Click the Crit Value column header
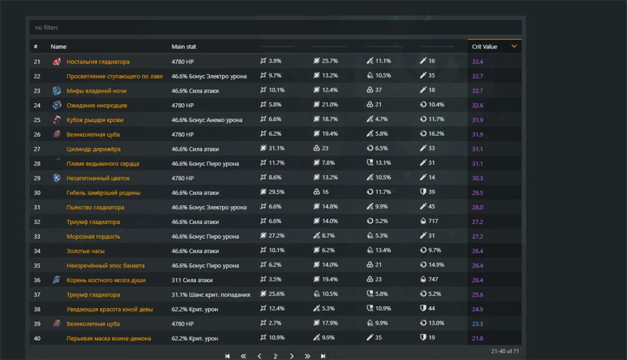point(484,47)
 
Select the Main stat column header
point(183,47)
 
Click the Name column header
point(59,47)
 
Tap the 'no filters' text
point(47,27)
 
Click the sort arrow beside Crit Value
point(514,47)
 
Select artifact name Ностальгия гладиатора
point(98,62)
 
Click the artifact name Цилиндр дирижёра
point(94,149)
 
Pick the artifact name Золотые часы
point(86,251)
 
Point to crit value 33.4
point(478,62)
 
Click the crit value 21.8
point(478,339)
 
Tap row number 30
point(37,193)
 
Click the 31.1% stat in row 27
point(276,148)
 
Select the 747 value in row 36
point(433,280)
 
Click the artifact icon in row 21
point(57,62)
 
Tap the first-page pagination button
point(227,356)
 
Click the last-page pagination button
point(323,356)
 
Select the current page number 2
point(275,356)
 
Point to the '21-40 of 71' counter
point(505,351)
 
